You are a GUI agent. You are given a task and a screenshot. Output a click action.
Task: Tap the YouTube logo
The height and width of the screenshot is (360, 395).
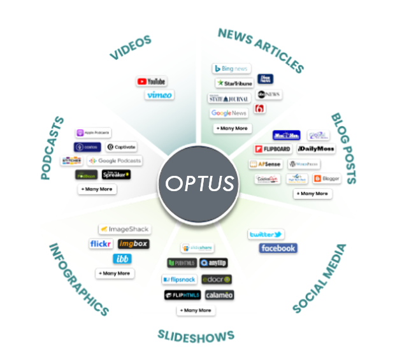pos(152,82)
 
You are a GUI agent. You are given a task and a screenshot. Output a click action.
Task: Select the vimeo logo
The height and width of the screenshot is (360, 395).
pos(159,95)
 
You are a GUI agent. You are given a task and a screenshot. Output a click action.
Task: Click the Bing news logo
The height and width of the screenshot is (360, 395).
pos(232,69)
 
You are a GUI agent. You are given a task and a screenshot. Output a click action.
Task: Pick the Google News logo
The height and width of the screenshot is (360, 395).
pos(229,113)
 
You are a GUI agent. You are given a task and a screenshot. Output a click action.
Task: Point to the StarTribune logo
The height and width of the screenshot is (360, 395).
pos(234,83)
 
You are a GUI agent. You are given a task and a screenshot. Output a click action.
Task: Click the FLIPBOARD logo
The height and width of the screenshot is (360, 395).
pos(273,149)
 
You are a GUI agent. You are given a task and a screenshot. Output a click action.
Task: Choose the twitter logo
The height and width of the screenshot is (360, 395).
pos(266,234)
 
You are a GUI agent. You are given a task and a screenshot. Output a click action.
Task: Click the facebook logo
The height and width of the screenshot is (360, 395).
pos(278,248)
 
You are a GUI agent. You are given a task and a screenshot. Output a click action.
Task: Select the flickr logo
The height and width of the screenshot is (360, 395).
pos(101,244)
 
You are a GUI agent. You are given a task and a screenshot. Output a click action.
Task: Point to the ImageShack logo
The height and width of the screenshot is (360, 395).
pos(124,229)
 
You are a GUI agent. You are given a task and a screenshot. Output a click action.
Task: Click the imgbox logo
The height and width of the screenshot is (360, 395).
pos(134,244)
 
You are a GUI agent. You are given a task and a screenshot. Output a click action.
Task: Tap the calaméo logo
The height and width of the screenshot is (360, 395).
pos(219,295)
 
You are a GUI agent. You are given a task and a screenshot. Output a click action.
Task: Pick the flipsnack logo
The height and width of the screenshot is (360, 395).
pos(178,280)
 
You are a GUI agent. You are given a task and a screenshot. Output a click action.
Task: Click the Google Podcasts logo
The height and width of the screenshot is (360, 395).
pos(115,161)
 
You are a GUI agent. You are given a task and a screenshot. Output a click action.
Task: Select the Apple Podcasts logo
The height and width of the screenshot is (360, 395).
pos(94,133)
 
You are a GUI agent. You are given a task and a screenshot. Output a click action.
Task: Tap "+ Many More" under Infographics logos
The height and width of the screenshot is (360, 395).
pos(115,273)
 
